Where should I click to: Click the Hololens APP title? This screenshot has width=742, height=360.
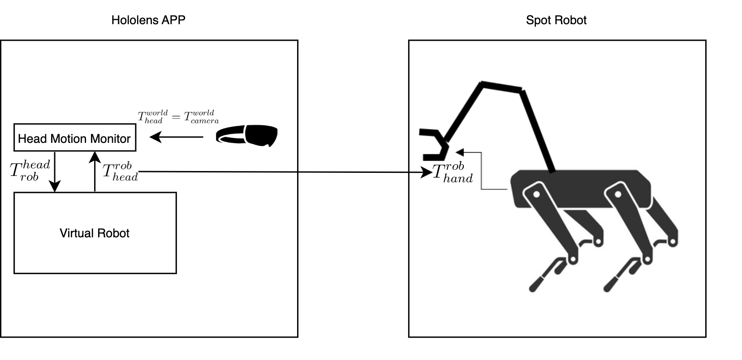(x=148, y=20)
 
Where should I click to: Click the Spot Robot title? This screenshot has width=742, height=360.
(x=556, y=20)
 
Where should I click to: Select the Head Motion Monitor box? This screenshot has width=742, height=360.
(x=74, y=137)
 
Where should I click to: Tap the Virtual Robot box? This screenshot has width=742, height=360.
(x=95, y=233)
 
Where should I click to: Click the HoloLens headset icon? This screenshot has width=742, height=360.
(x=247, y=136)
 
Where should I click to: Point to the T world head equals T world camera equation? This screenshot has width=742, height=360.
(x=178, y=116)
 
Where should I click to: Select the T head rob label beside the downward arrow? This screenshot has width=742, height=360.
(x=30, y=171)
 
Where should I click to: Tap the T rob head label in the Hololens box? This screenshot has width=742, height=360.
(x=120, y=172)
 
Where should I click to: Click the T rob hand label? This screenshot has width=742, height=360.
(x=452, y=173)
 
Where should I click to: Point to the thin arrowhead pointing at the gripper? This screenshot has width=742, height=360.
(x=459, y=152)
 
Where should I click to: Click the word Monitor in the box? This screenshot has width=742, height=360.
(x=109, y=138)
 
